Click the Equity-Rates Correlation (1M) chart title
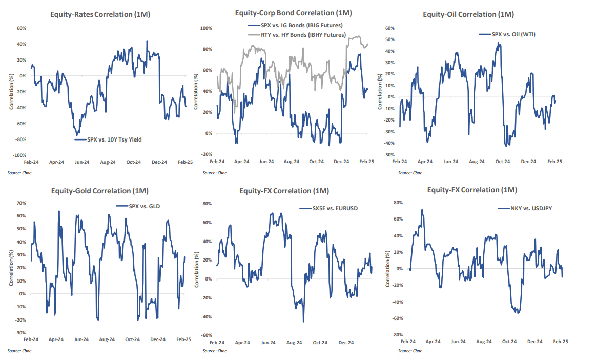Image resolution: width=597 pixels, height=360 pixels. click(99, 15)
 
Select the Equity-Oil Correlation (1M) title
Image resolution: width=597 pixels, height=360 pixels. click(468, 15)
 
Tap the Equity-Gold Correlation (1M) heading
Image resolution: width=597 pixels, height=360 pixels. click(99, 191)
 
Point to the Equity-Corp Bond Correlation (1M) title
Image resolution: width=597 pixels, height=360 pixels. click(293, 13)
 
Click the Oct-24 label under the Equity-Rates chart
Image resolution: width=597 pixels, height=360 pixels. click(134, 162)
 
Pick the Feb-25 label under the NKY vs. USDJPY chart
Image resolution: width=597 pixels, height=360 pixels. click(560, 341)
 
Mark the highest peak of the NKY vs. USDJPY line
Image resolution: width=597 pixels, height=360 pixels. click(422, 209)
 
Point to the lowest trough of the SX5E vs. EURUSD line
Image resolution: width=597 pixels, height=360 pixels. click(303, 322)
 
